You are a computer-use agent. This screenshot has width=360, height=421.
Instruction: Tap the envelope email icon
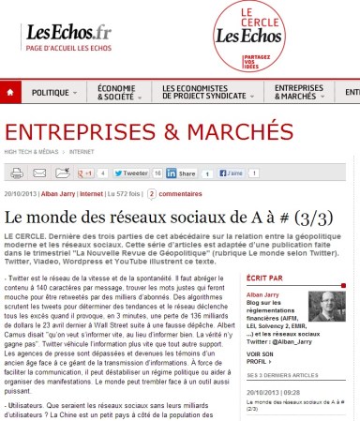tap(63, 173)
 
